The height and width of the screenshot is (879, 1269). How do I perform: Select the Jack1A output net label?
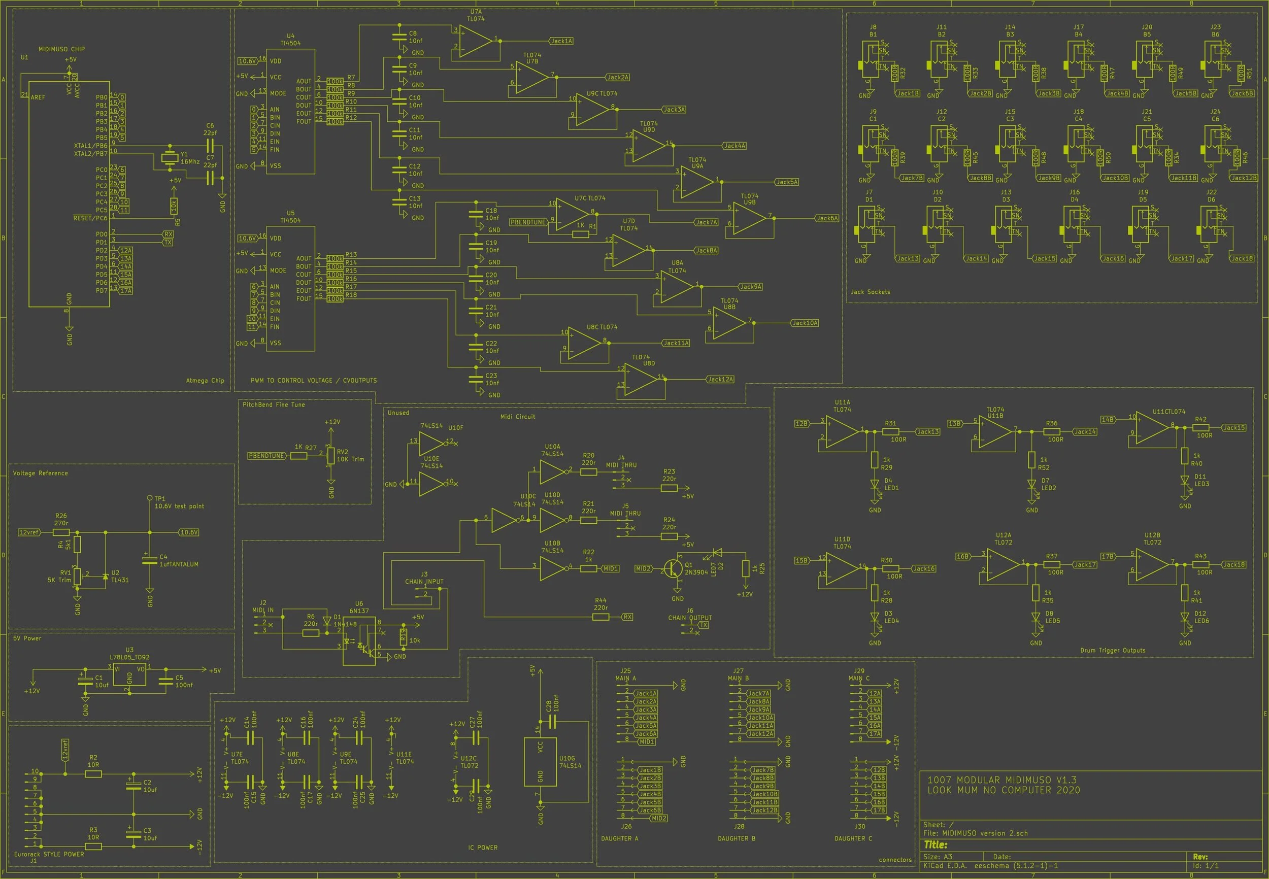(561, 41)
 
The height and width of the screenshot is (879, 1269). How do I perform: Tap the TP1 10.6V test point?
(149, 498)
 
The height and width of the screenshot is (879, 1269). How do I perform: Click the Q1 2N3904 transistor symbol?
(673, 568)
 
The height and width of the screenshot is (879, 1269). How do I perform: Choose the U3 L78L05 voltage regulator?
(129, 674)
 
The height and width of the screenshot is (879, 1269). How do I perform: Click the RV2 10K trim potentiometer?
(330, 455)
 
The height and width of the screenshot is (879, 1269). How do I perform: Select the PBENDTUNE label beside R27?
(266, 456)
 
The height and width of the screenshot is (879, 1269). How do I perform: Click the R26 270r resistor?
(61, 532)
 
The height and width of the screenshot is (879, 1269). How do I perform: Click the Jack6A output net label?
(827, 218)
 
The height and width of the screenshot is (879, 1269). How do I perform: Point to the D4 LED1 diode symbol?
(875, 485)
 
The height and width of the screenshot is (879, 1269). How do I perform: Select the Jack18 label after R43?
(1234, 564)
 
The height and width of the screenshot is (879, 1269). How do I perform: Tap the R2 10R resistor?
(93, 774)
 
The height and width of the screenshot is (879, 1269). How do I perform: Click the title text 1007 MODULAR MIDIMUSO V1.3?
(1002, 780)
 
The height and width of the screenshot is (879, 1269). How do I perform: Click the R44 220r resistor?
(601, 617)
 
